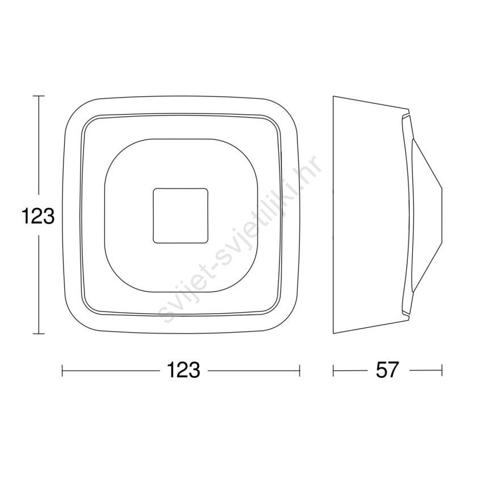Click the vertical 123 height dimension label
pos(38,216)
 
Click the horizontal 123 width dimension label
pos(183,370)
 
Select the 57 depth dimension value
pos(388,370)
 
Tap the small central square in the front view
pos(180,216)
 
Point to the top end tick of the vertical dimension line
pos(38,96)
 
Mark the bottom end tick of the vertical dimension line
pos(38,334)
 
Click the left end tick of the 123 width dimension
pos(62,370)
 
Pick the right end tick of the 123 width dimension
pos(300,370)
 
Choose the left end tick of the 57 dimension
pos(334,370)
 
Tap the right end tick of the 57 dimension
pos(442,370)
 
